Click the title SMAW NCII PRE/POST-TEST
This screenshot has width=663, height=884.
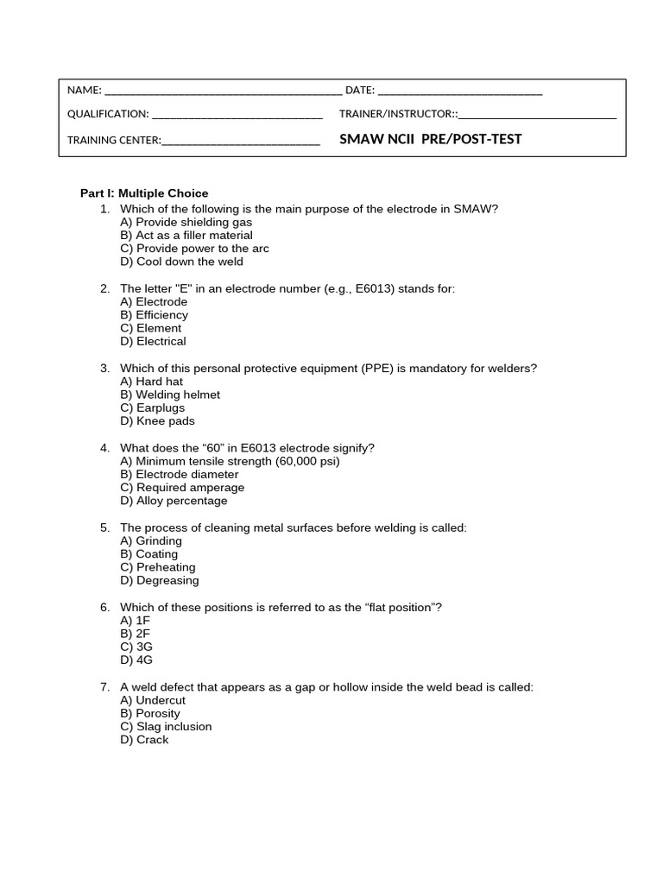(x=431, y=139)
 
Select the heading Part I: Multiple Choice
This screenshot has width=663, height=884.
(x=144, y=193)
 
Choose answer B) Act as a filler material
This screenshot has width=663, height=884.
(x=186, y=235)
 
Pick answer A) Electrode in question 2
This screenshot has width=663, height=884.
(x=154, y=302)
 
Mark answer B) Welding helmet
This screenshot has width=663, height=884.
(x=170, y=395)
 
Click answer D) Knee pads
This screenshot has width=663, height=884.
(x=157, y=421)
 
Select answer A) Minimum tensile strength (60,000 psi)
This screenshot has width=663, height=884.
(x=230, y=461)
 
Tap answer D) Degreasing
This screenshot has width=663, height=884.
(x=160, y=580)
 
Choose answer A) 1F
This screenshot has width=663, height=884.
(x=136, y=621)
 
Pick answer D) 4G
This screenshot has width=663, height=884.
(x=136, y=660)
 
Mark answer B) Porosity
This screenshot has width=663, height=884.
(x=150, y=713)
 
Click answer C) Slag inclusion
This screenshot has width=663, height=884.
(x=166, y=727)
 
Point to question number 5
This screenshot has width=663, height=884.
(x=104, y=527)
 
